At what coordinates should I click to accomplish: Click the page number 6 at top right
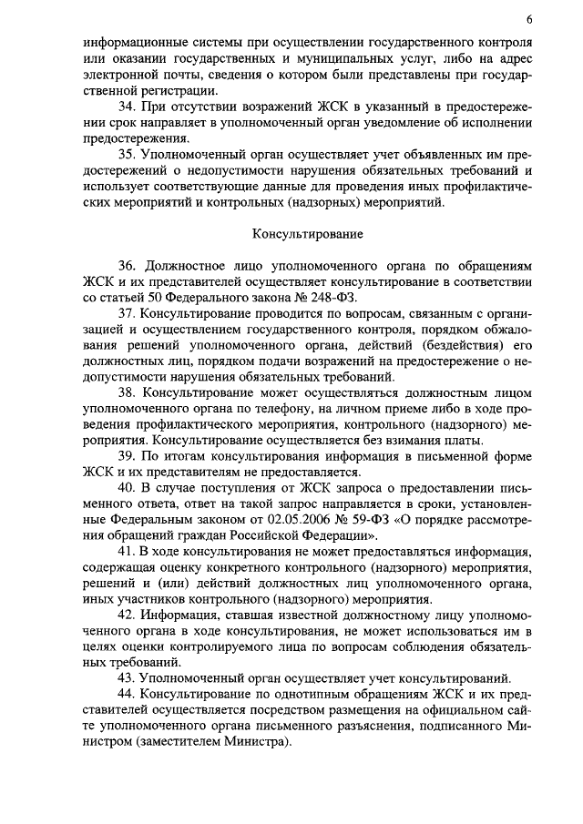click(529, 20)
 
